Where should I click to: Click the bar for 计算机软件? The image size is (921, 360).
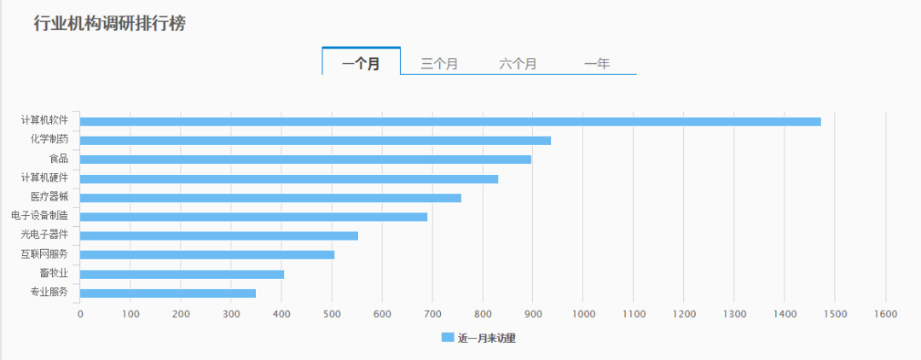tap(450, 121)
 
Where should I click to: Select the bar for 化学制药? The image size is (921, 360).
tap(316, 140)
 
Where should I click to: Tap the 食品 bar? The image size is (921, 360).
tap(305, 160)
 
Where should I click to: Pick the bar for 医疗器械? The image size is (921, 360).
tap(270, 198)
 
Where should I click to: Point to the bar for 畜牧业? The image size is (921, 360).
tap(182, 274)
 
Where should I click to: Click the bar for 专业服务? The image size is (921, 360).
tap(168, 293)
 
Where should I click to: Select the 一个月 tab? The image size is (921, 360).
tap(361, 63)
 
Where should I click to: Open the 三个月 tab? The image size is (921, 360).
tap(439, 63)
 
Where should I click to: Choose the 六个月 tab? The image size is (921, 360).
tap(518, 63)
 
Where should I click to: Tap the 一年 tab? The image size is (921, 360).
tap(597, 63)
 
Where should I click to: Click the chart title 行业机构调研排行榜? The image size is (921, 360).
tap(109, 24)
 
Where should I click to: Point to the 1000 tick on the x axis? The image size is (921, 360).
tap(583, 314)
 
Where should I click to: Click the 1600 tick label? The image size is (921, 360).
tap(886, 314)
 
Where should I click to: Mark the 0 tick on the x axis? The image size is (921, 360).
tap(80, 314)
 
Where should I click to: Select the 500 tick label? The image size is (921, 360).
tap(332, 314)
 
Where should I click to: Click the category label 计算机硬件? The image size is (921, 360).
tap(44, 177)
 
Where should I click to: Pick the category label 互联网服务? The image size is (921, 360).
tap(44, 254)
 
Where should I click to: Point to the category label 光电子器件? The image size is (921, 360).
tap(44, 235)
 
